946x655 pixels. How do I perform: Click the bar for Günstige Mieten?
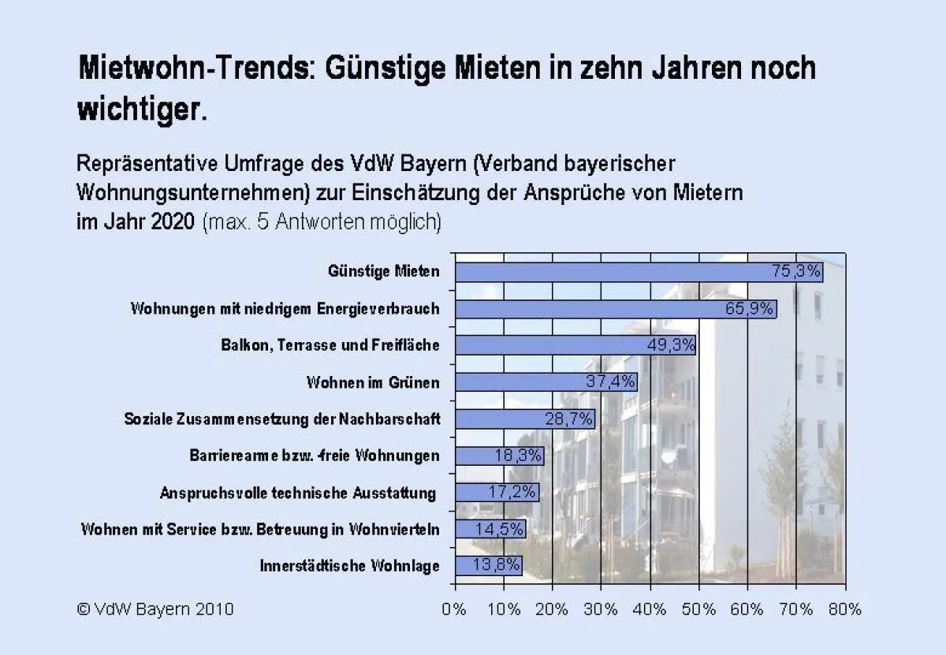[639, 272]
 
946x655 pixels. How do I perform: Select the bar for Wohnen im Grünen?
[546, 382]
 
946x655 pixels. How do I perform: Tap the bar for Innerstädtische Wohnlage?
[488, 565]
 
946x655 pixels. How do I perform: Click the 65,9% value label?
[749, 309]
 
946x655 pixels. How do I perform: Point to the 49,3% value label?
[670, 345]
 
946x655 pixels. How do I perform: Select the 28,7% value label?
[568, 419]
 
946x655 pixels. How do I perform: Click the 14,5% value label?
[499, 529]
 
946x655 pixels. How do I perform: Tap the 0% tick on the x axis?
[455, 609]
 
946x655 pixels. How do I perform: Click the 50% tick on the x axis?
[698, 609]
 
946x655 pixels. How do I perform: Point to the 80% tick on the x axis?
[844, 609]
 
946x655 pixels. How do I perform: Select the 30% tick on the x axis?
[601, 609]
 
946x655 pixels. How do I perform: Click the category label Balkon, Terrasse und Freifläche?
[330, 345]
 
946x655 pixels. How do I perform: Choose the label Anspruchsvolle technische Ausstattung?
[298, 493]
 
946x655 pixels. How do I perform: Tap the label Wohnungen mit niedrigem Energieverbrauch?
[285, 309]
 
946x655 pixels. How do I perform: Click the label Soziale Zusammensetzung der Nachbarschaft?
[282, 419]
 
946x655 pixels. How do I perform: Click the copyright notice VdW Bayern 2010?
[155, 609]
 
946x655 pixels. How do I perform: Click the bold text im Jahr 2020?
[135, 221]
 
